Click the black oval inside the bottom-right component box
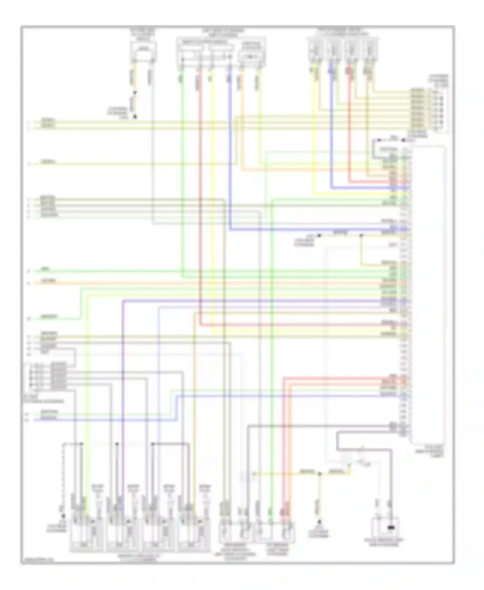click(391, 528)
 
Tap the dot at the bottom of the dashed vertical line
click(64, 516)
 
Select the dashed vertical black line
click(64, 478)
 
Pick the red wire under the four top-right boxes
click(349, 129)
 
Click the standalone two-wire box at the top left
click(143, 52)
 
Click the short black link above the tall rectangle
click(389, 140)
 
